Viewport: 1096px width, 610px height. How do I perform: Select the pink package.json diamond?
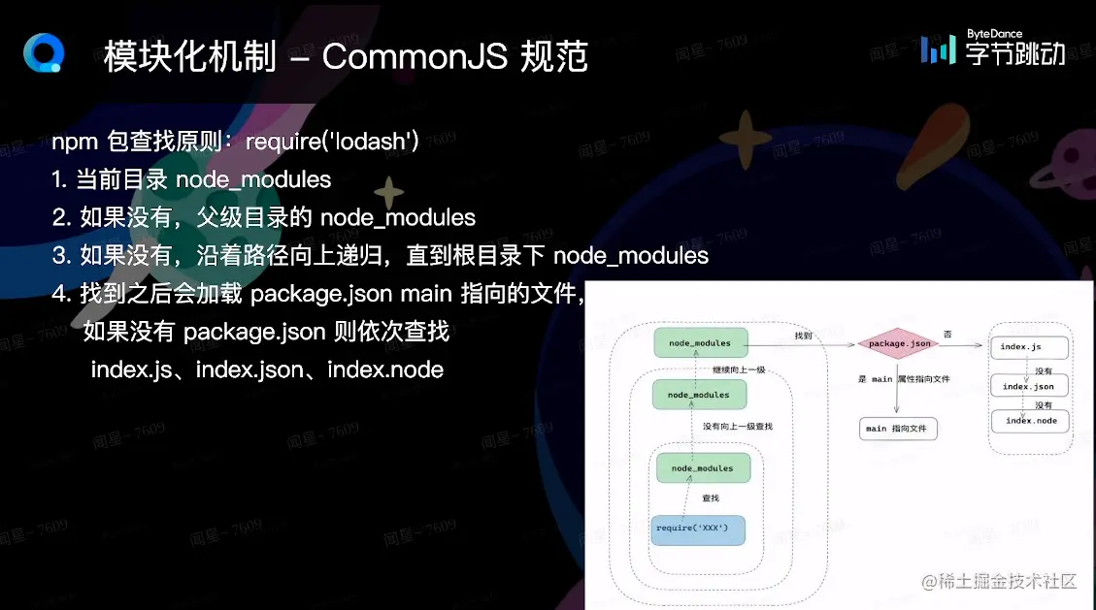899,343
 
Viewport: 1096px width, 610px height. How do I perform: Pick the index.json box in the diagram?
1029,386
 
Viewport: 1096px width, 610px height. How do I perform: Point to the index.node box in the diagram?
1031,421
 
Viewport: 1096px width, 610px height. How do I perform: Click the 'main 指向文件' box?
898,429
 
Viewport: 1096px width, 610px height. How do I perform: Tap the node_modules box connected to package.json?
700,343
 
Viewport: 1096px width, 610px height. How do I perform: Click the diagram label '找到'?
803,336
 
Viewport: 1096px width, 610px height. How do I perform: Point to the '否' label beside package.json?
947,335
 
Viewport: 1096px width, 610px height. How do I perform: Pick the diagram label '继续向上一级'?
738,369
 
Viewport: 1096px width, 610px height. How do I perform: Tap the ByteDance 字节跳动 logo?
993,48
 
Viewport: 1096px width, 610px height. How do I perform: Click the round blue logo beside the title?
43,52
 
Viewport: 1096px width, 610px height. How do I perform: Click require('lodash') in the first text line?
332,144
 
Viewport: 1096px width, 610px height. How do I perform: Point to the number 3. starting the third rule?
61,256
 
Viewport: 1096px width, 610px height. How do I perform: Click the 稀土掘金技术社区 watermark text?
1000,582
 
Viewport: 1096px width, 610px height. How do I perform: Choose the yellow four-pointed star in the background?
389,192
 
